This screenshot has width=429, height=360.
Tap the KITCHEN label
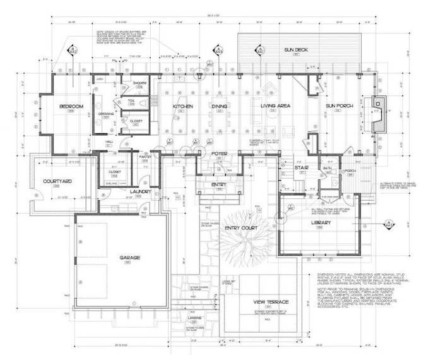(182, 106)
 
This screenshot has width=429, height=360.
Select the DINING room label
(219, 106)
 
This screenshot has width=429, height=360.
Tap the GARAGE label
(129, 258)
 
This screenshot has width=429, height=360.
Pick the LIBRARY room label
(320, 223)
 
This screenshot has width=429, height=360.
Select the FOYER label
(219, 153)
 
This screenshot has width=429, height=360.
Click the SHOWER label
(139, 83)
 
